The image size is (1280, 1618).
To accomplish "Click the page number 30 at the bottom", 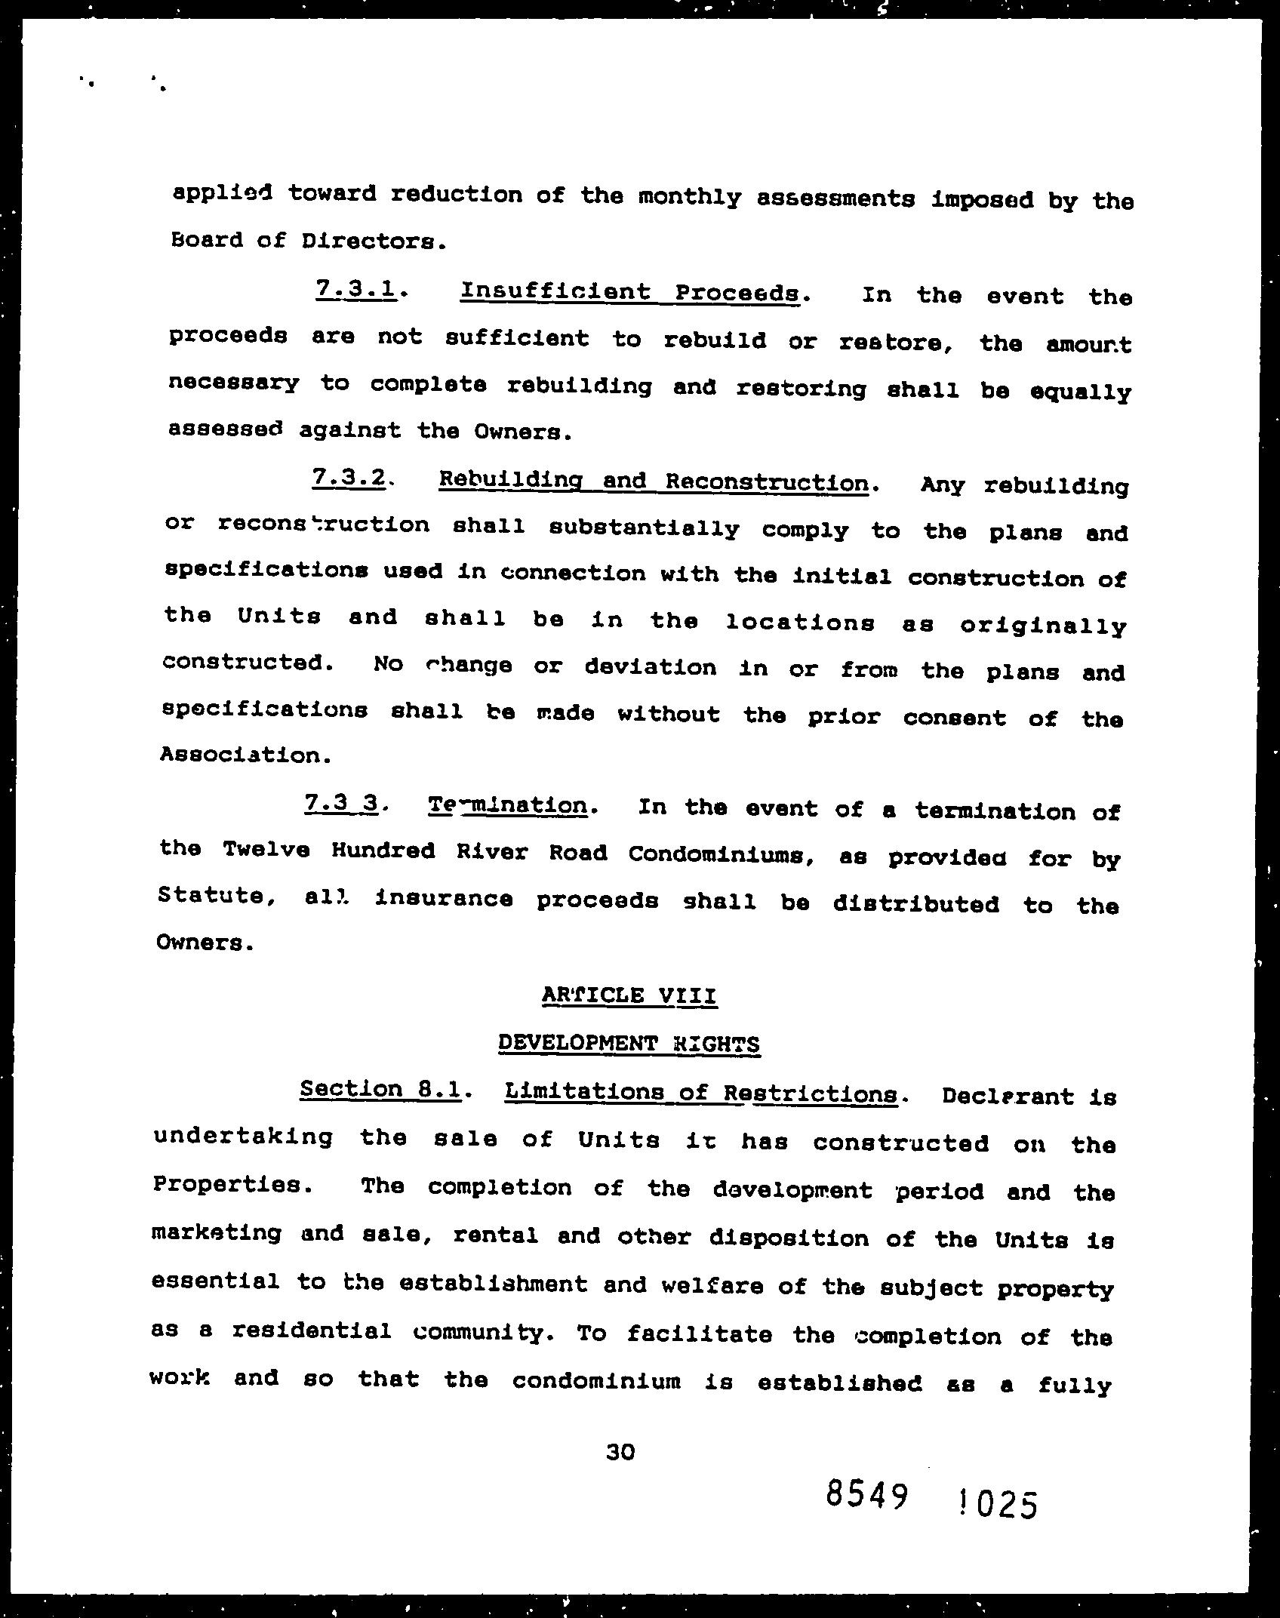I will point(620,1451).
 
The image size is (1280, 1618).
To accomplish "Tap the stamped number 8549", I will point(866,1493).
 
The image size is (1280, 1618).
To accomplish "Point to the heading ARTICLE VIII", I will point(629,995).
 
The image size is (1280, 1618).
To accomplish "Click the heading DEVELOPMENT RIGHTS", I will point(629,1043).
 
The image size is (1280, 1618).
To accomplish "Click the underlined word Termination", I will point(508,805).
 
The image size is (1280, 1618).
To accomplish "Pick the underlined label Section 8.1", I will point(380,1089).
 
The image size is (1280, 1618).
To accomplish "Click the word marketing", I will point(217,1232).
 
